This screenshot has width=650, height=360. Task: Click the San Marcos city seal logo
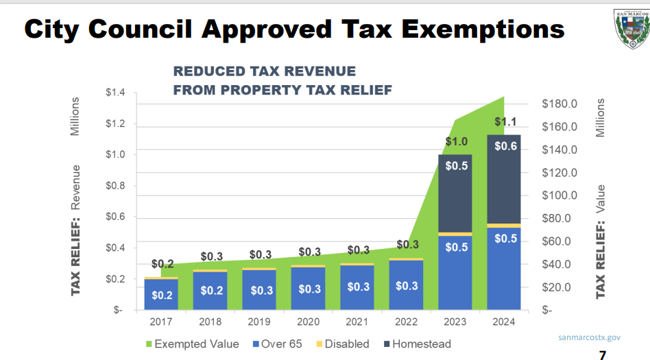coord(628,28)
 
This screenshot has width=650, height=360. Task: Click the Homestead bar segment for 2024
coord(504,180)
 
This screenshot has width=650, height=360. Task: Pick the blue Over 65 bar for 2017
coord(161,295)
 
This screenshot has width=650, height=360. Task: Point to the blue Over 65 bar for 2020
coord(308,288)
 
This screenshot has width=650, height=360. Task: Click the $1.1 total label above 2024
coord(505,123)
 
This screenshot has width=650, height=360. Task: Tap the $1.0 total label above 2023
coord(456,142)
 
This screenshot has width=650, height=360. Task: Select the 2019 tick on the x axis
coord(259,322)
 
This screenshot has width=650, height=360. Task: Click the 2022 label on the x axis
coord(406,322)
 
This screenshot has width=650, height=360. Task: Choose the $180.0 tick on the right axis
coord(560,104)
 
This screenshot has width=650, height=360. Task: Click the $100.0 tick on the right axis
coord(560,195)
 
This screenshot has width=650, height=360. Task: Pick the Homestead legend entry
coord(416,344)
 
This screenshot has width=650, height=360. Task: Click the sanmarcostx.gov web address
coord(590,337)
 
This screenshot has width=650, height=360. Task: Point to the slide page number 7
coord(603,355)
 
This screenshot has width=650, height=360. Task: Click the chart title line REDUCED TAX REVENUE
coord(264,71)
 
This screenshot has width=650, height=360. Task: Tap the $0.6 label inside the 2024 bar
coord(505,145)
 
